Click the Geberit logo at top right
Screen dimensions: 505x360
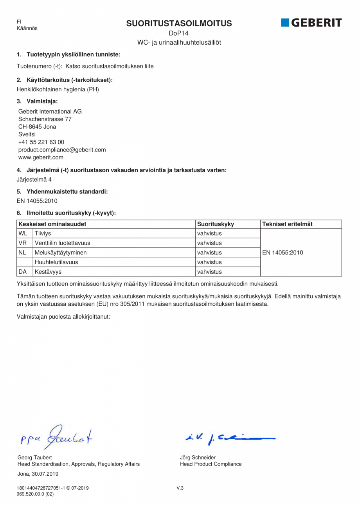tap(311, 23)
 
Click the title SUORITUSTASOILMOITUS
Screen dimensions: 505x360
tap(179, 23)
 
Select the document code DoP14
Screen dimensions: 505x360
tap(179, 34)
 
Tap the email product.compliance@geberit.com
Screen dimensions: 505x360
tap(62, 150)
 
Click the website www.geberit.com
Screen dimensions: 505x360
tap(41, 157)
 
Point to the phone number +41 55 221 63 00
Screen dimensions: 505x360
tap(41, 142)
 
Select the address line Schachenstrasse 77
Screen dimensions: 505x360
tap(45, 119)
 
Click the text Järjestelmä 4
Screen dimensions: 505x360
tap(34, 180)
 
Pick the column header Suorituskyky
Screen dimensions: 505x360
tap(216, 224)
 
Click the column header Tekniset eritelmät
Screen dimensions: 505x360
tap(287, 224)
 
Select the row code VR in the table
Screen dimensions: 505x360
tap(23, 243)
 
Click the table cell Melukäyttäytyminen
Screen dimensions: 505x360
tap(61, 252)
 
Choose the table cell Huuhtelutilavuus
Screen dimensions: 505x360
tap(56, 262)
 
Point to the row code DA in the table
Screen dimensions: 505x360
tap(23, 272)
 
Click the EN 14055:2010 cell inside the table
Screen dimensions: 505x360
tap(283, 252)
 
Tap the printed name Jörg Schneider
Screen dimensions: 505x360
tap(198, 457)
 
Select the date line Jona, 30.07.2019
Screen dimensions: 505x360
tap(38, 474)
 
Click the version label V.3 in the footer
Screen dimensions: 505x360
tap(180, 488)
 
